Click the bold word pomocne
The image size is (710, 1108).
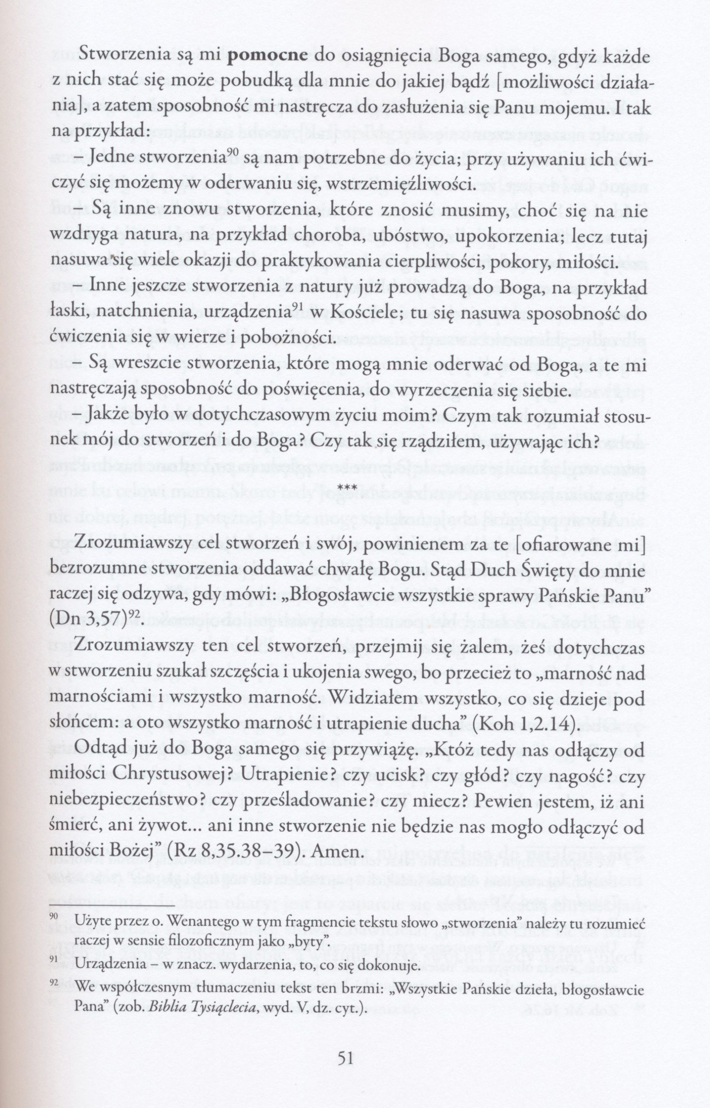tap(268, 57)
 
